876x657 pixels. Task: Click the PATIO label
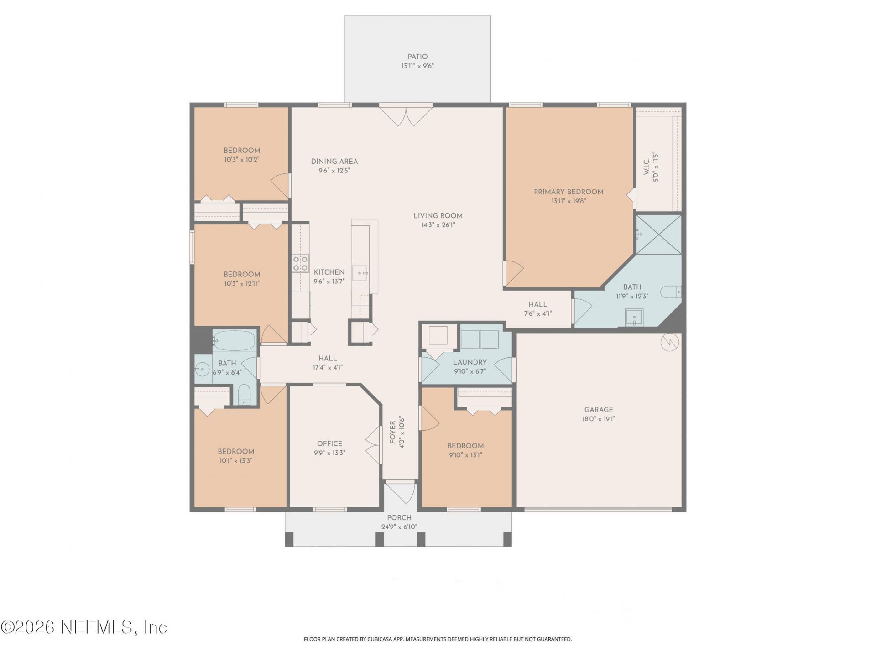point(417,57)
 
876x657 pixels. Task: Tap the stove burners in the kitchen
point(300,264)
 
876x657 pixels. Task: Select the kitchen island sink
point(360,273)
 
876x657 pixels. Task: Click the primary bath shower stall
point(658,235)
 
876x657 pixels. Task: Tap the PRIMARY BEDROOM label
point(568,192)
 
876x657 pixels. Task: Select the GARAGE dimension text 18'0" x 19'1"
point(599,419)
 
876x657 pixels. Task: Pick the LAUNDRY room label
point(470,362)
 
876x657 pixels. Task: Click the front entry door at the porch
point(400,492)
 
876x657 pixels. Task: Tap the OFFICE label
point(329,443)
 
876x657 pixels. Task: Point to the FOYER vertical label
point(393,432)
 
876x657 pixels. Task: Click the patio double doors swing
point(406,115)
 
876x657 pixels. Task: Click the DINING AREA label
point(334,162)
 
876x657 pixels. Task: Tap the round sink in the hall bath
point(202,369)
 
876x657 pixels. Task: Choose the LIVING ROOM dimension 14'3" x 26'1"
point(438,225)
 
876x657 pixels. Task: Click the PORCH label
point(399,518)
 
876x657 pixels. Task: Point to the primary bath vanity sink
point(634,318)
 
